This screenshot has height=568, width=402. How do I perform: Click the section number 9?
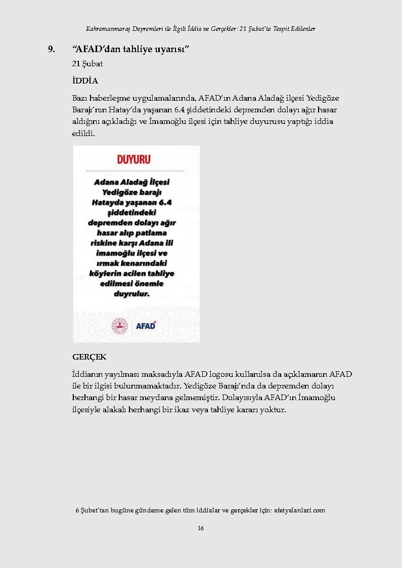tap(51, 50)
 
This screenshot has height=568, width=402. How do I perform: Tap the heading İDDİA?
tap(85, 81)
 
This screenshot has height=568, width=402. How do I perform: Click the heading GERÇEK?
tap(90, 357)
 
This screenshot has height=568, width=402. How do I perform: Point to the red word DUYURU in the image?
tap(134, 160)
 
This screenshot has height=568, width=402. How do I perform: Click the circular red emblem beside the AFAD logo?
tap(120, 325)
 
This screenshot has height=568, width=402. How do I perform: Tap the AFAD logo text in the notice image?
tap(146, 326)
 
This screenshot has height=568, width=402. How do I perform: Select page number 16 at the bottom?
tap(201, 528)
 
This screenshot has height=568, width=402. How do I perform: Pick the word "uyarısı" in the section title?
tap(172, 50)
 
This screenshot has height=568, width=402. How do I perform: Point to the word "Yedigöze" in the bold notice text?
tap(119, 192)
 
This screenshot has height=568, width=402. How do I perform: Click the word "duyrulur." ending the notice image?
tap(132, 294)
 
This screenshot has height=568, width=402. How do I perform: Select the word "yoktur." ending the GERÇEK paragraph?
tap(274, 410)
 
